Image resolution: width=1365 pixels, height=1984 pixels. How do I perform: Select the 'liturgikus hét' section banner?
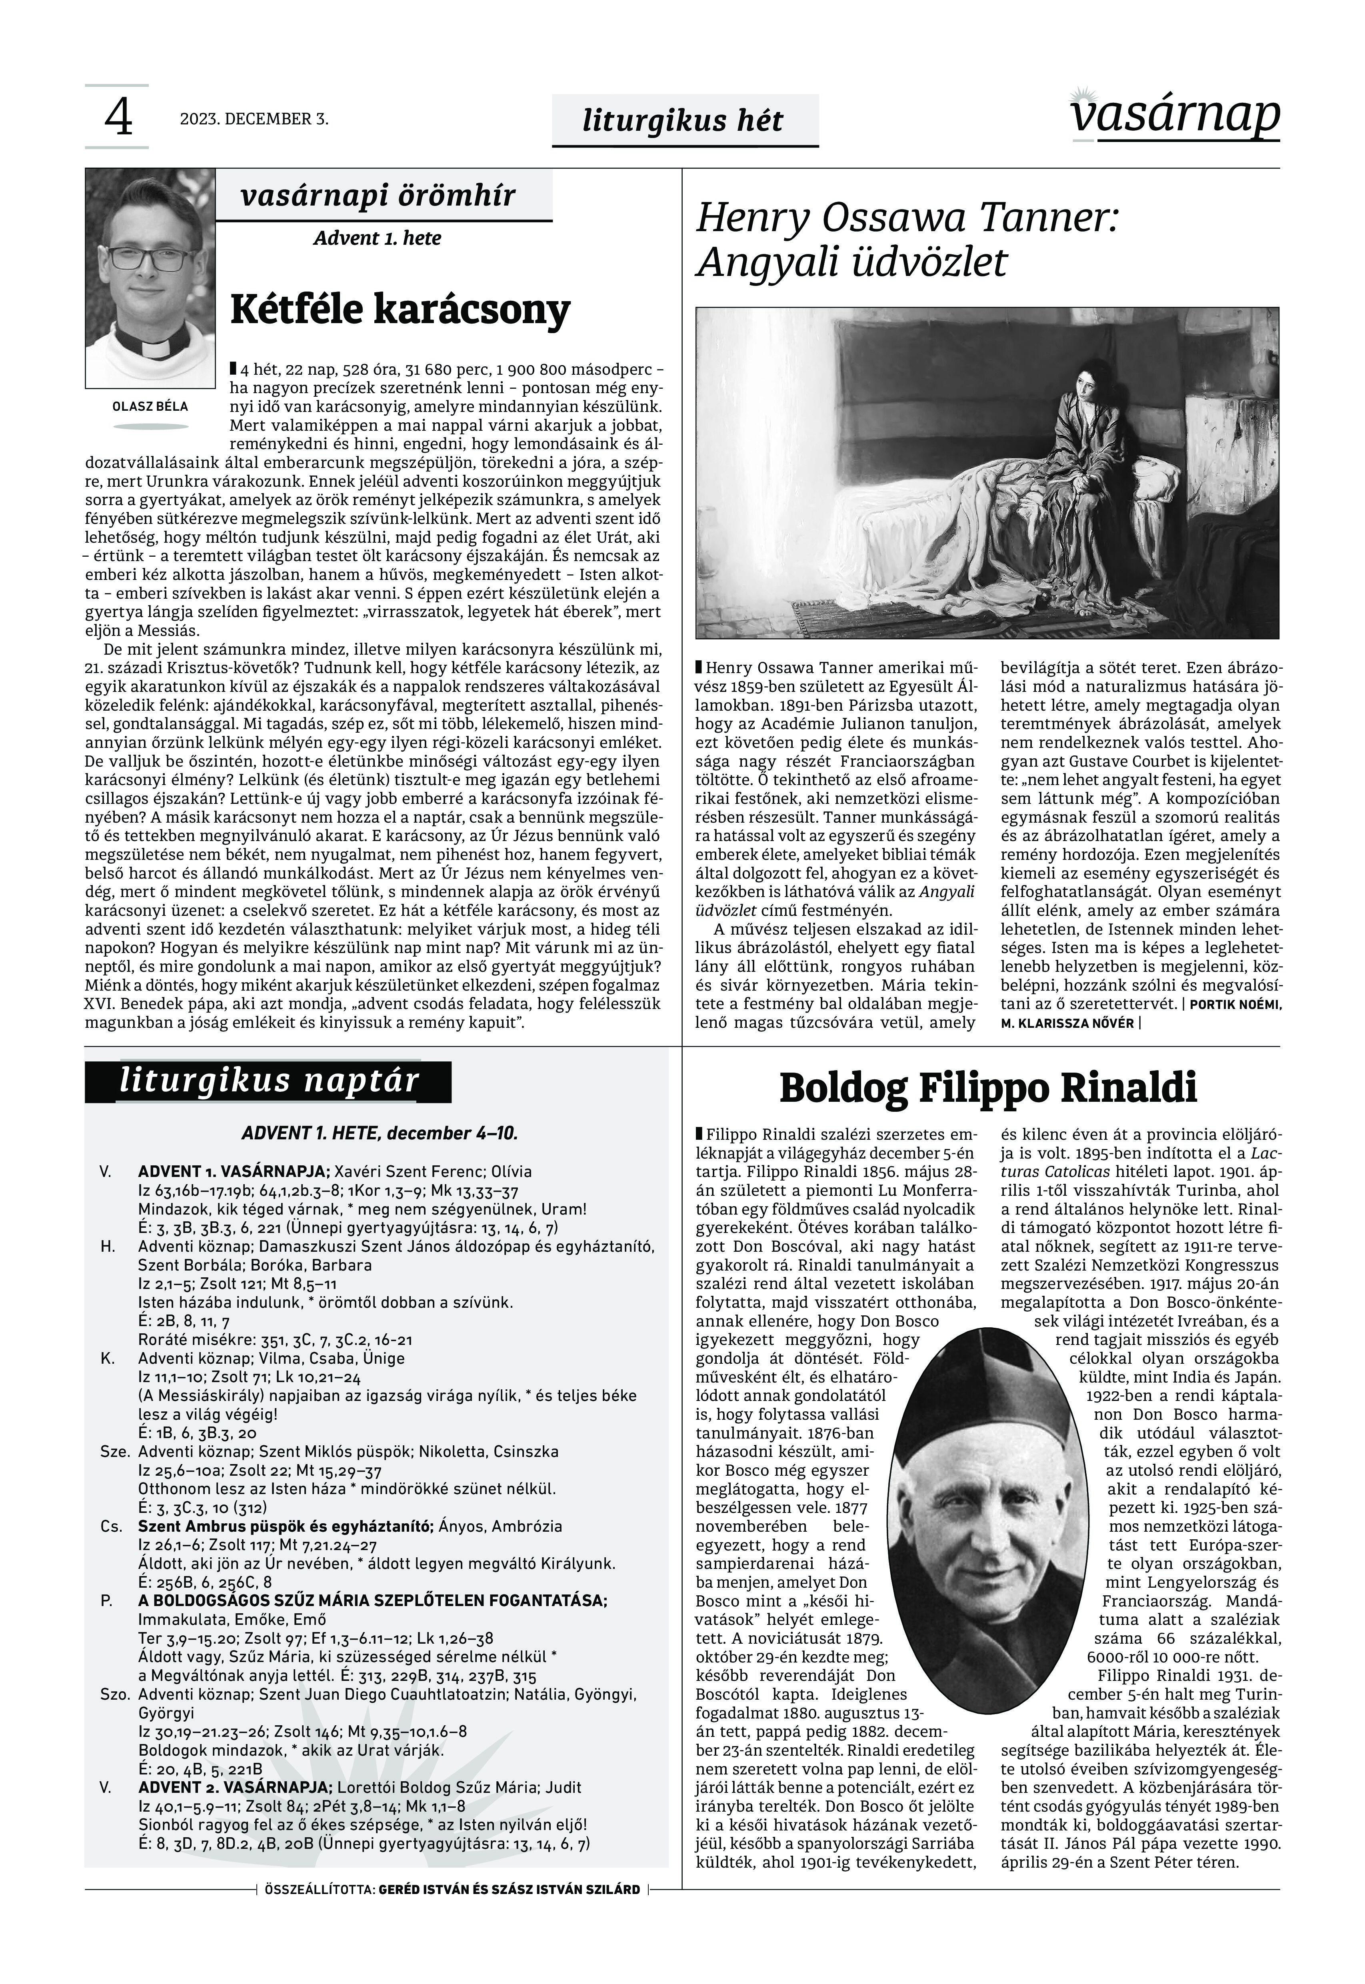coord(683,121)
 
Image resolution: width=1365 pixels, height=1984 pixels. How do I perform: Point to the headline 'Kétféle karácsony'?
coord(400,310)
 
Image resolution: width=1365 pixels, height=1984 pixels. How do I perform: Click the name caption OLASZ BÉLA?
coord(150,406)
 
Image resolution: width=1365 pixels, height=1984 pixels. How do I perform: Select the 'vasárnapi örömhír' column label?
coord(378,196)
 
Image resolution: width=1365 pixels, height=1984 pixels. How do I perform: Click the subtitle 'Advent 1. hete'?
coord(377,238)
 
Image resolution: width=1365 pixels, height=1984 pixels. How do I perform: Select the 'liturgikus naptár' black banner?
coord(268,1081)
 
